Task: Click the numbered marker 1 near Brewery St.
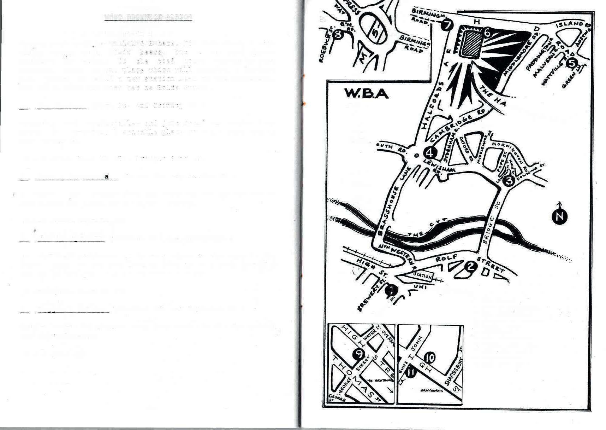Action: (391, 291)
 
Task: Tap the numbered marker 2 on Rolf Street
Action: (470, 266)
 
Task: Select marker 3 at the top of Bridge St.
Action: (509, 181)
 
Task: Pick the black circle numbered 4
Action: (430, 152)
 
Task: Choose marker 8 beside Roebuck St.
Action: (338, 34)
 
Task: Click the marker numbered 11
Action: (411, 372)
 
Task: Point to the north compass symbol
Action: (559, 216)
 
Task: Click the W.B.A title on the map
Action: (366, 94)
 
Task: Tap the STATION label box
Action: (422, 275)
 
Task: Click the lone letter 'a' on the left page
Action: (106, 176)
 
